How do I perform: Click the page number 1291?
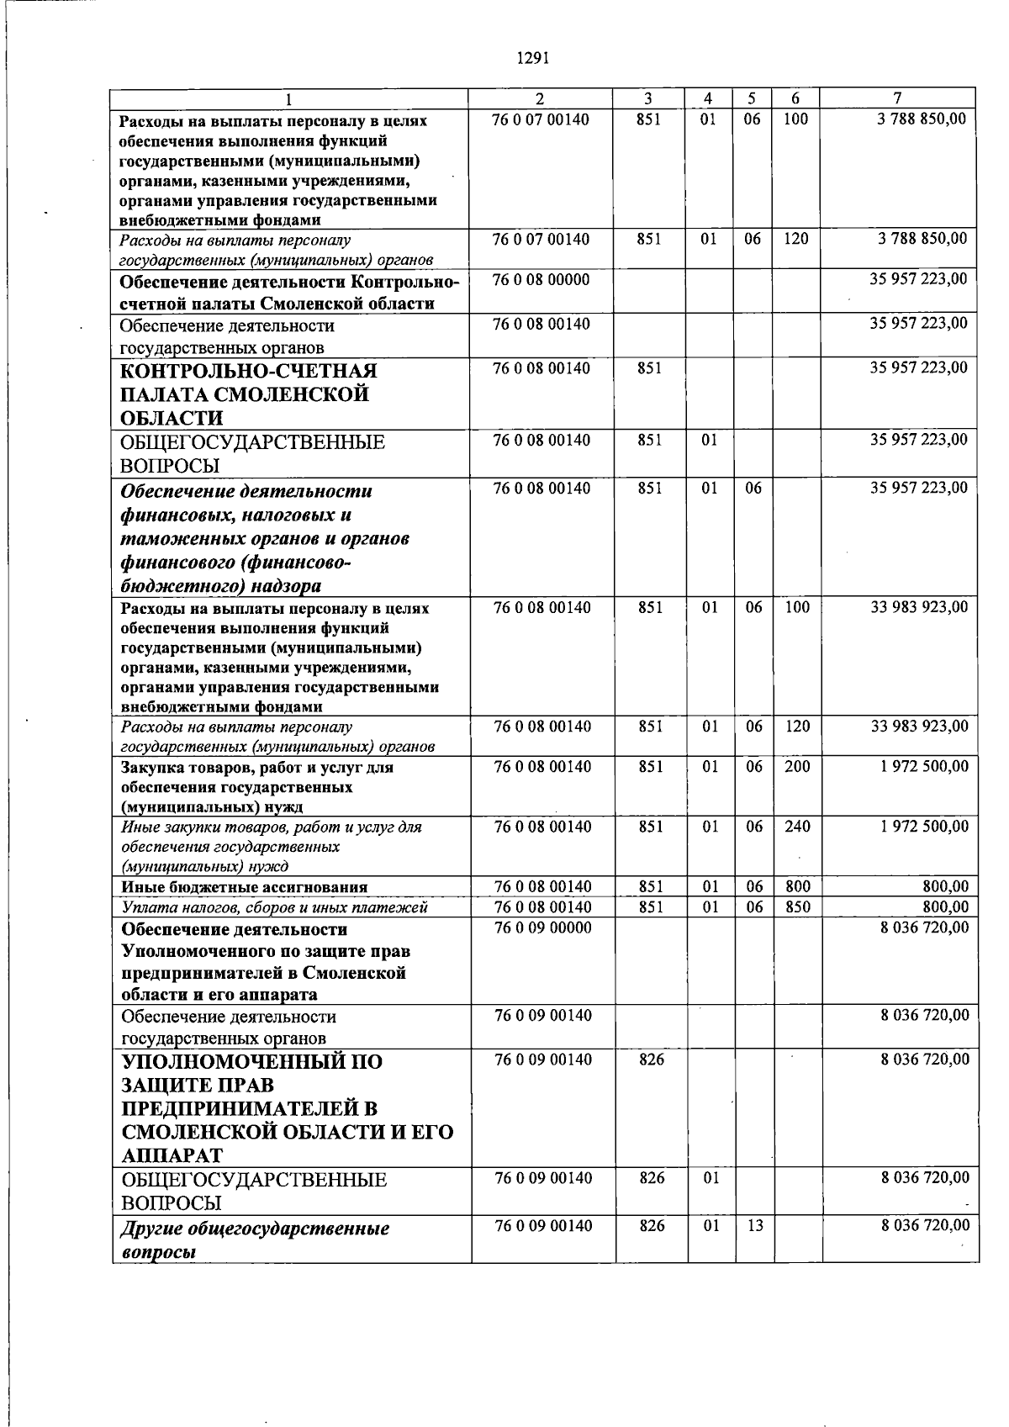click(x=533, y=58)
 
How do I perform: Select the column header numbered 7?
click(x=897, y=98)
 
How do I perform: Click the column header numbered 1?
click(x=288, y=99)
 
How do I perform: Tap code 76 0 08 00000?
click(x=541, y=279)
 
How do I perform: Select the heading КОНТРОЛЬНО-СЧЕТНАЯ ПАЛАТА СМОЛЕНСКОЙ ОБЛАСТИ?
click(x=248, y=394)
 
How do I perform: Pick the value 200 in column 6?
click(x=796, y=766)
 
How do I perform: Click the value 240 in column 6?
click(x=796, y=827)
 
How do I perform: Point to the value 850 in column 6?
click(x=796, y=907)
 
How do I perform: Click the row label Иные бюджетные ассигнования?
click(x=244, y=887)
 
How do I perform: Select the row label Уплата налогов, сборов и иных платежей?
click(x=274, y=907)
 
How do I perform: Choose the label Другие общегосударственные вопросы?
click(x=255, y=1239)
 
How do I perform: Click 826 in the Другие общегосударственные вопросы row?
click(x=651, y=1226)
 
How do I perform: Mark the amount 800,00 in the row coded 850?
click(x=948, y=907)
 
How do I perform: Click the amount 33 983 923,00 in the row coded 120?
click(x=919, y=726)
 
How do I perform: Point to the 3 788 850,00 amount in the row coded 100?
click(x=922, y=119)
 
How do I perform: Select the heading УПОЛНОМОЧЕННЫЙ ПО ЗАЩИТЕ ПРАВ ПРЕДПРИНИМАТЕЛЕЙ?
click(x=286, y=1108)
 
